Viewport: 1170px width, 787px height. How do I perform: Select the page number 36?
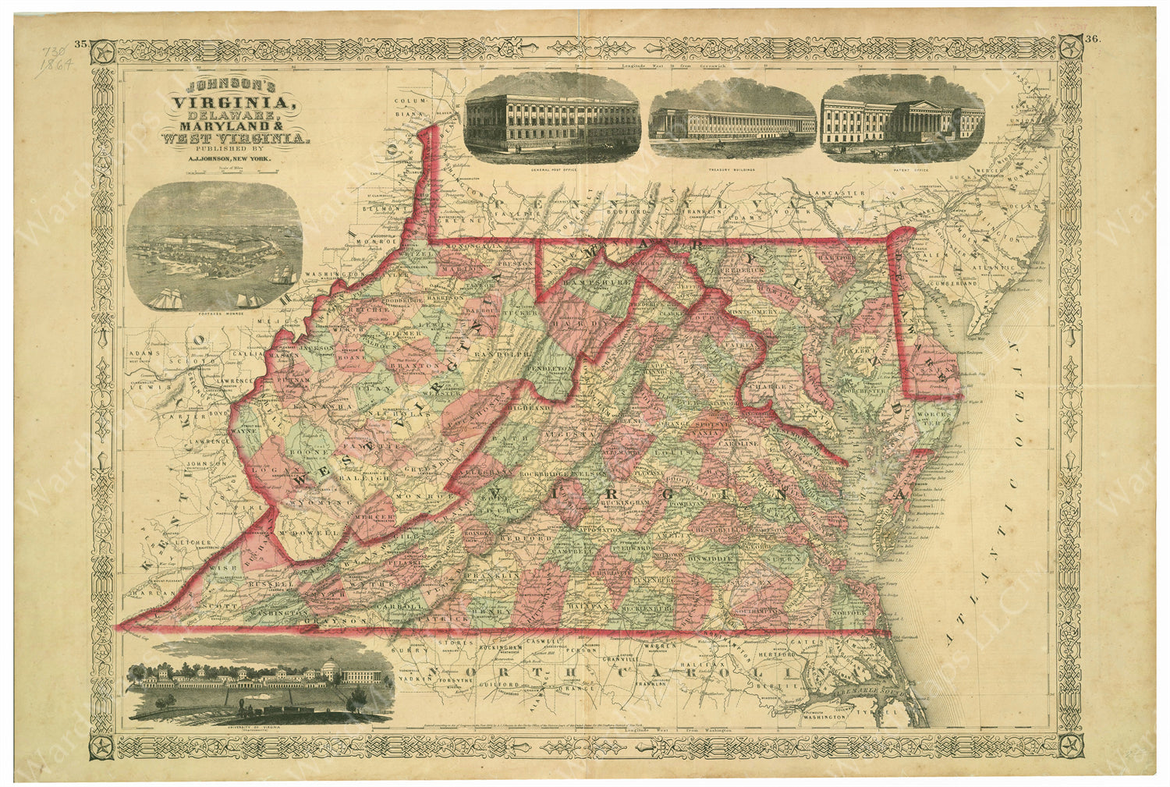[1091, 40]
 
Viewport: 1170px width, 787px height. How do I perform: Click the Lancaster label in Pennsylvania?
[837, 192]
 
